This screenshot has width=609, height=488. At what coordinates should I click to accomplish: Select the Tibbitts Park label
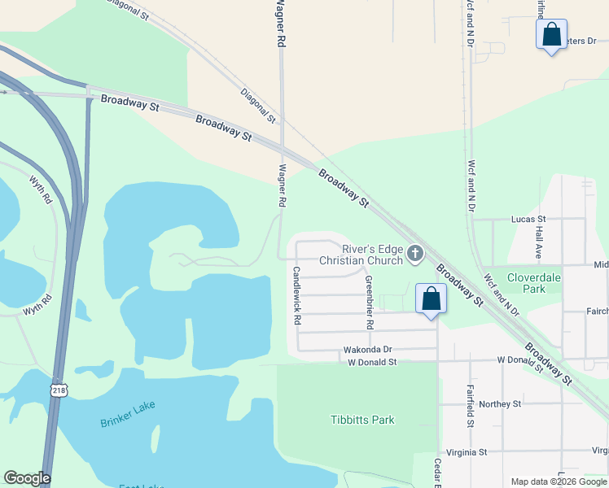coord(362,420)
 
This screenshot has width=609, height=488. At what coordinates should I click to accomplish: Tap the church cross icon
coord(415,255)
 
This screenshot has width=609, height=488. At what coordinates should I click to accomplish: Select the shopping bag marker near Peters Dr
coord(551,35)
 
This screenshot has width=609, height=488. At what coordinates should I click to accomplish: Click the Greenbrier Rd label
coord(369,303)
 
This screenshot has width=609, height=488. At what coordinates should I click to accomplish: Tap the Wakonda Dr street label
coord(368,350)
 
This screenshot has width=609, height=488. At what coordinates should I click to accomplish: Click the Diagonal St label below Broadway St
coord(259,106)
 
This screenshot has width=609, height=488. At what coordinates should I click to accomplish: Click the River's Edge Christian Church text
coord(361,255)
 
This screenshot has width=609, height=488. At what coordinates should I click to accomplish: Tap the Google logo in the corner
coord(27,478)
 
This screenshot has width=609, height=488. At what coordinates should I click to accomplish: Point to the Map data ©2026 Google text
coord(559,481)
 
